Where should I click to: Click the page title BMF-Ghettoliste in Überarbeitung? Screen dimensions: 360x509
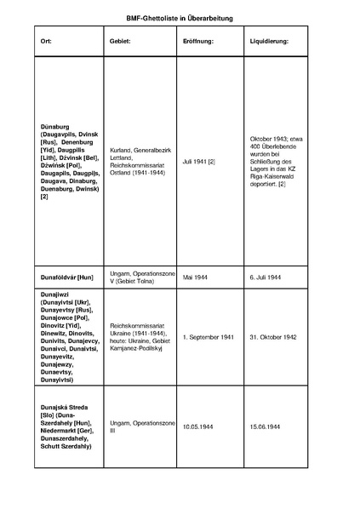[x=180, y=17]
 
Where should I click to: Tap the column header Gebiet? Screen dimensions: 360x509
[x=120, y=41]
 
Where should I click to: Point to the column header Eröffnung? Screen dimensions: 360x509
[x=198, y=41]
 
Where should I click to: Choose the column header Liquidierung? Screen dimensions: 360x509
[x=269, y=41]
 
